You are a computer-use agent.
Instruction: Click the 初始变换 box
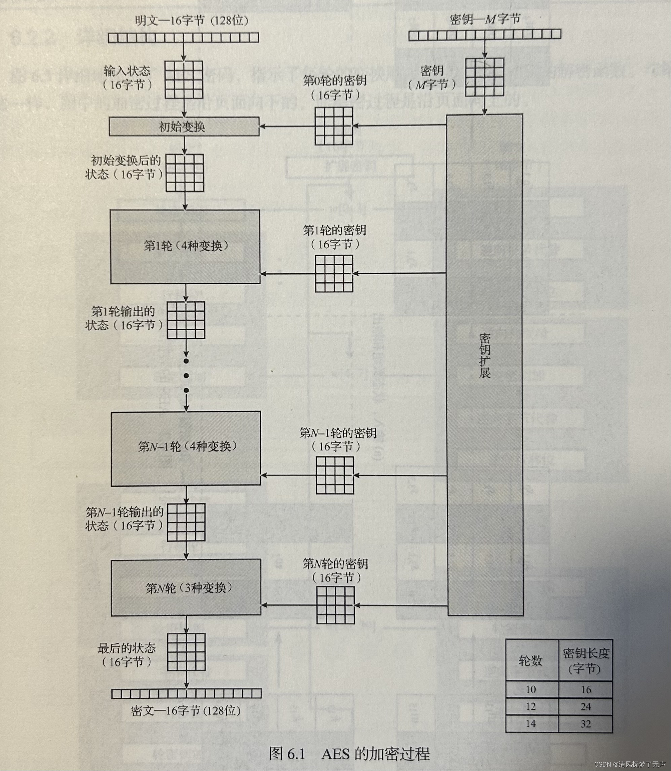184,126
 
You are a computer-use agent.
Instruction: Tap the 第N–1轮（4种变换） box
186,449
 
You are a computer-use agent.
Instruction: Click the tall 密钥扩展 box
485,355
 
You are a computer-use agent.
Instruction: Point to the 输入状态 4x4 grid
184,80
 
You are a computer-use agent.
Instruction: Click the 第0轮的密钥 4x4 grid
334,126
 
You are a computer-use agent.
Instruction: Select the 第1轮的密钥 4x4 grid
334,274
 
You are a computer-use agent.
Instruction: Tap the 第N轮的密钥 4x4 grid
336,605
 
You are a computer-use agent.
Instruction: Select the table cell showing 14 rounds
531,724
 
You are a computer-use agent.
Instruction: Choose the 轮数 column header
531,661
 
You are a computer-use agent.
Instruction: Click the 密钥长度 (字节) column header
585,660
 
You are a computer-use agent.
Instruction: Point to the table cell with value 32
585,724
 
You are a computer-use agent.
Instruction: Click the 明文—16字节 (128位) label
192,20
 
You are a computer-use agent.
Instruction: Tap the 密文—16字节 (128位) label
186,710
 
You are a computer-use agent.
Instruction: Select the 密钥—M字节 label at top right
485,19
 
